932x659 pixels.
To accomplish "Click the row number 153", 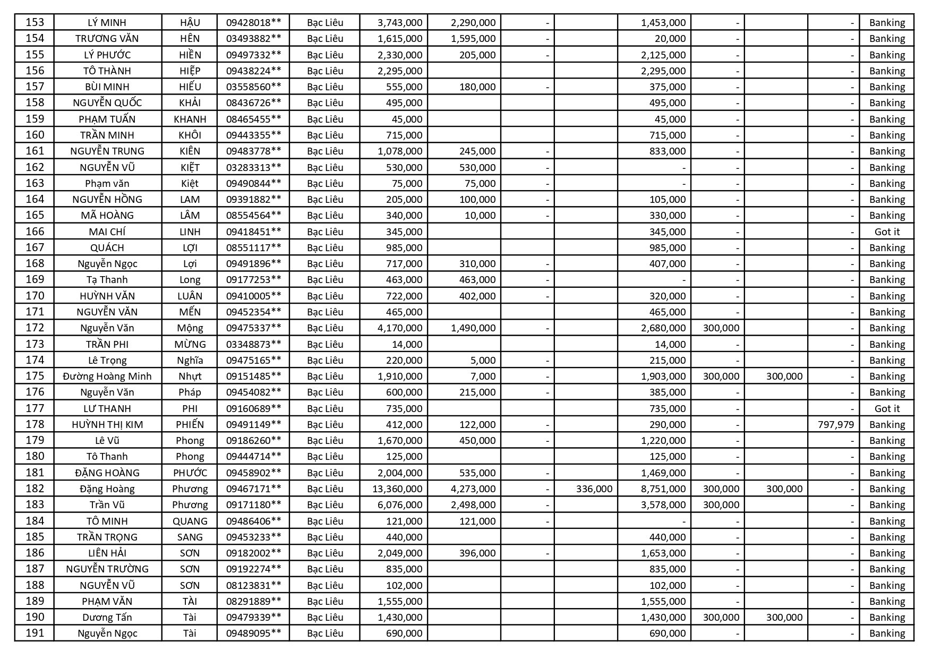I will pos(35,22).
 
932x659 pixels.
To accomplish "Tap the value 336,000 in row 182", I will pos(594,489).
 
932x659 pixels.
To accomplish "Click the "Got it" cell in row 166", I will pos(887,232).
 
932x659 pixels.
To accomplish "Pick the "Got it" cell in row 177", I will pos(887,408).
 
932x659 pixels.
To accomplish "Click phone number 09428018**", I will pos(253,22).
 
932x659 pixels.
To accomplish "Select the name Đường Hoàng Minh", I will pos(107,376).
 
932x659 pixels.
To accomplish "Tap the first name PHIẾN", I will pos(190,424).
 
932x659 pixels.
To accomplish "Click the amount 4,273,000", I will pos(473,489).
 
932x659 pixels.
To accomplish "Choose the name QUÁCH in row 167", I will pos(107,247).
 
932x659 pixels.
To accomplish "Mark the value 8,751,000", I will pos(663,489).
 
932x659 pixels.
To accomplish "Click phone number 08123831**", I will pos(253,585).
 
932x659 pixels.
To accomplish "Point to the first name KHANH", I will pos(190,119).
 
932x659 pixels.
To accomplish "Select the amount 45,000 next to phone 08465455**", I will pos(407,119).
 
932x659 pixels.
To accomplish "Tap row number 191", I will pos(35,633).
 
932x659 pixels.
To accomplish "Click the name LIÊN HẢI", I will pos(107,553).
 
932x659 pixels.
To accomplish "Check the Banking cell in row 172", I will pos(887,328).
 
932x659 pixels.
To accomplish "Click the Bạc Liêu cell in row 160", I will pos(325,135).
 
